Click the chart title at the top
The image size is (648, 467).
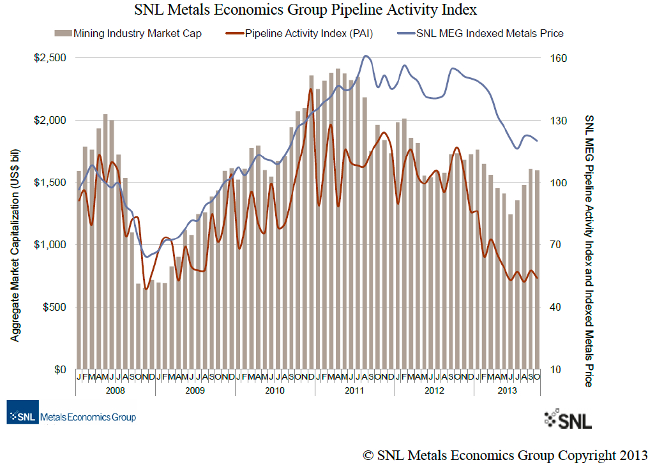[306, 10]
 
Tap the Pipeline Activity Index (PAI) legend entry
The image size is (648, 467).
[300, 33]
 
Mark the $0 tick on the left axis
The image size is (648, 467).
[59, 369]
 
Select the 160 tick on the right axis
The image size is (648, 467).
[559, 58]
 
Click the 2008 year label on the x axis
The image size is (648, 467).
[115, 390]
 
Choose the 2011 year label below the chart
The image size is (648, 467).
[354, 390]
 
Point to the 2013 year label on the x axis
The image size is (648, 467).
[506, 390]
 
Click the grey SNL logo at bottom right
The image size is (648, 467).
[568, 419]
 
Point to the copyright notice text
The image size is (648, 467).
[505, 455]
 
